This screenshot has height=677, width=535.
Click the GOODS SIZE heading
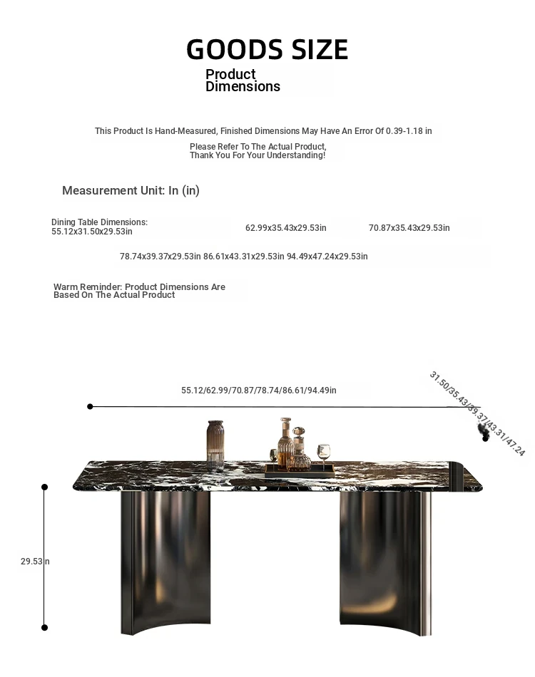(267, 50)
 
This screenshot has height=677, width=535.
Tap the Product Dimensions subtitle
(243, 81)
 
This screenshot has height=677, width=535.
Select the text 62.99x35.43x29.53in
(285, 228)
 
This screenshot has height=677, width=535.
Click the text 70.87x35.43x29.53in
(409, 228)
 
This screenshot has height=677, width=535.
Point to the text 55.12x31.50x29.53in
(92, 232)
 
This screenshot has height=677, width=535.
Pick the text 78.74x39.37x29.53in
(160, 257)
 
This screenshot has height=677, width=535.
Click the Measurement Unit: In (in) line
(131, 190)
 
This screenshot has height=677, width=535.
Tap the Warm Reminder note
(139, 291)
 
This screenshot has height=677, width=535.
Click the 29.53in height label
(35, 562)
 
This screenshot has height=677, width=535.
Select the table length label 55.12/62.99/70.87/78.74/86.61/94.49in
(259, 391)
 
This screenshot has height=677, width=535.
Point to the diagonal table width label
(477, 413)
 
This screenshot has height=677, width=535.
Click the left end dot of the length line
(90, 407)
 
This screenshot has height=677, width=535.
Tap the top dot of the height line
(44, 487)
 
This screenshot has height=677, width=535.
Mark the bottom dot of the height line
(44, 627)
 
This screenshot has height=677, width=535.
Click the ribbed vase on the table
(215, 443)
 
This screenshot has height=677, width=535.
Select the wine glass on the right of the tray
(323, 453)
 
